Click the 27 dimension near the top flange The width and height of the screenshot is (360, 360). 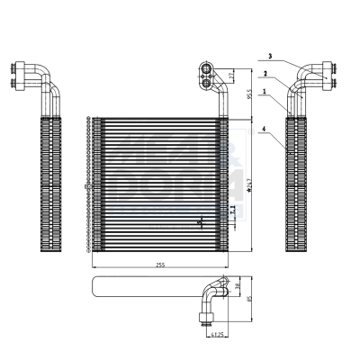tap(233, 74)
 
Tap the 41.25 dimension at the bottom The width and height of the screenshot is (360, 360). tap(214, 336)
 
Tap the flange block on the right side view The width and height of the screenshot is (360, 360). tap(332, 75)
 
